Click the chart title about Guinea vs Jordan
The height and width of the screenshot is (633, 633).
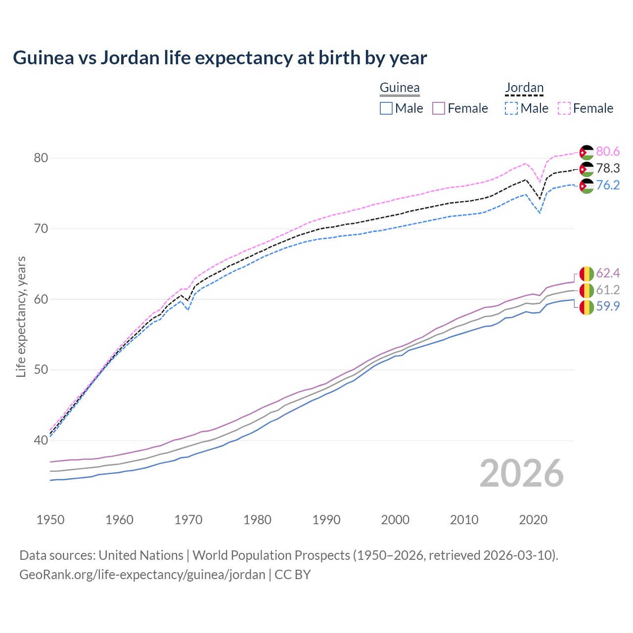pos(220,58)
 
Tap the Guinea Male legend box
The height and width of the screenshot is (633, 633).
pos(386,108)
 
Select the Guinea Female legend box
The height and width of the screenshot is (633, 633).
pos(439,108)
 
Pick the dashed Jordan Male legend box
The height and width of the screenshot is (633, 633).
pos(511,108)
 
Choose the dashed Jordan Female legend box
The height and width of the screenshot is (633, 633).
pos(564,108)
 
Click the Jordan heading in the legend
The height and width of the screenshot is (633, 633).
pos(524,88)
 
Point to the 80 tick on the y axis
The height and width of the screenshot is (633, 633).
pos(41,158)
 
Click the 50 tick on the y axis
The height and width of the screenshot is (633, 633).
pos(41,370)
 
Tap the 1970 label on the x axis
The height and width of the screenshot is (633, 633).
pos(188,520)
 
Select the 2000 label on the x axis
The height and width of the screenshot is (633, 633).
pos(395,520)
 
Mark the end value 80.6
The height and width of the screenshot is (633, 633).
pos(608,152)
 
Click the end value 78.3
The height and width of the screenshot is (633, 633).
pos(608,169)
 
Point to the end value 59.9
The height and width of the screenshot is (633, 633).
pos(608,307)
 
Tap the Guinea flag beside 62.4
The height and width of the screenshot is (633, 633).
pos(586,273)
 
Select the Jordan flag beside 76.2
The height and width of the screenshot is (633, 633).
pos(586,186)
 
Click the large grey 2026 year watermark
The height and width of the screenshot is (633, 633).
pos(522,473)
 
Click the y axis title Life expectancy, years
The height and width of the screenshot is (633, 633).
pos(21,316)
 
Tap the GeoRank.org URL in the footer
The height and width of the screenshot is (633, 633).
pos(142,575)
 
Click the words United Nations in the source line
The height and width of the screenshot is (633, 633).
pos(141,555)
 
